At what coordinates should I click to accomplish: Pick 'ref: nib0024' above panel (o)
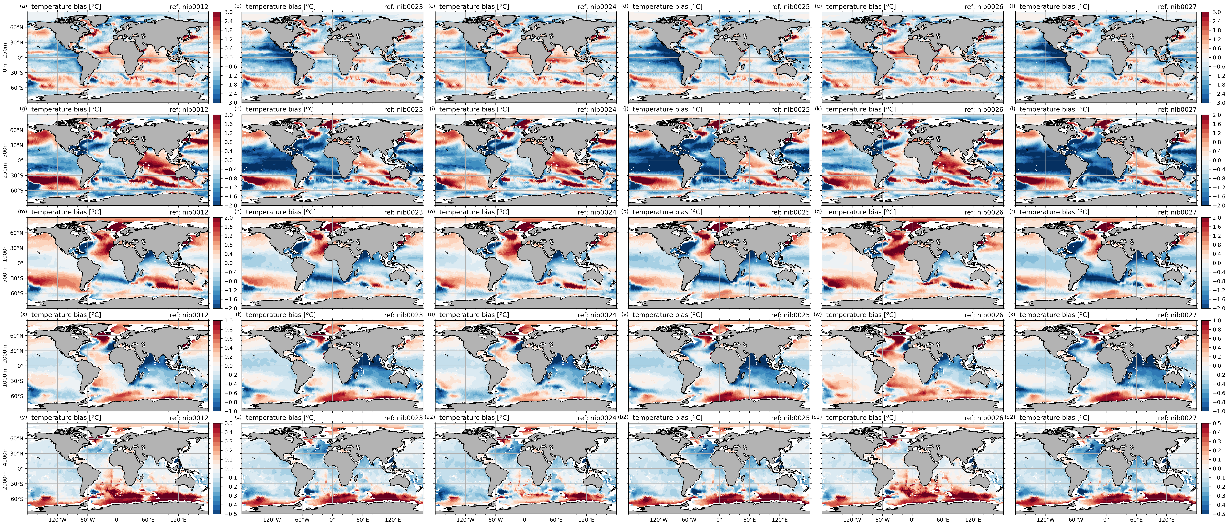point(597,212)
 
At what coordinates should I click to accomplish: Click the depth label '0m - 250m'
point(5,57)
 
